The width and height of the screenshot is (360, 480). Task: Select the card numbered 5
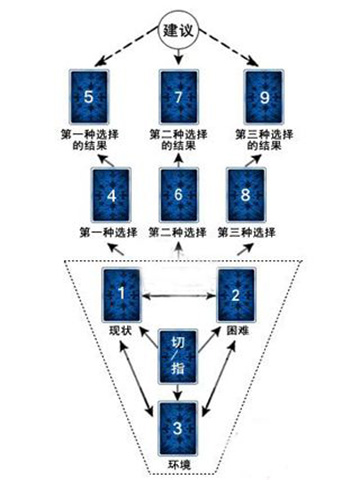point(93,97)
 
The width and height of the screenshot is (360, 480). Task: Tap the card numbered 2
point(237,294)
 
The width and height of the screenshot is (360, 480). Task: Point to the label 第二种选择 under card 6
point(177,233)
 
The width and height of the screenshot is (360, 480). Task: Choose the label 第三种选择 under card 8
point(245,233)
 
